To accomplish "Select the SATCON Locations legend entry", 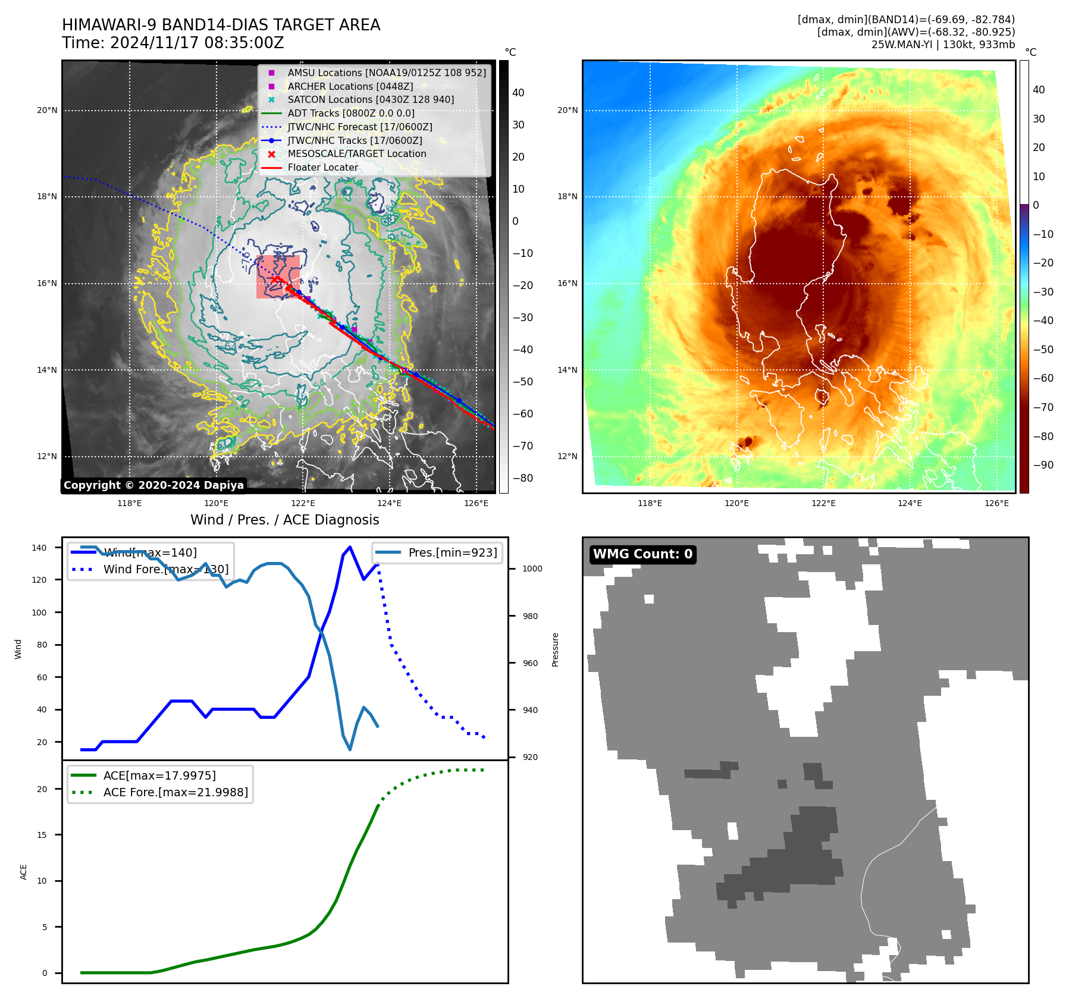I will click(371, 99).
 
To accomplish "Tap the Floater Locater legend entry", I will click(323, 167).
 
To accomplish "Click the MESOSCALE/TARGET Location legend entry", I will click(357, 153).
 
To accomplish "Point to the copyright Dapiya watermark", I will click(153, 485).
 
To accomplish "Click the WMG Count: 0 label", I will click(642, 554).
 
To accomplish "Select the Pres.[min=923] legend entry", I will click(452, 552).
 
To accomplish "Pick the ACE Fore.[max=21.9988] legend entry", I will click(175, 792).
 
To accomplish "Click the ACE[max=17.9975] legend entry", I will click(159, 775).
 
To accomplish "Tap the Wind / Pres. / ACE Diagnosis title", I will click(284, 520).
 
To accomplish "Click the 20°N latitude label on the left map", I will click(47, 110).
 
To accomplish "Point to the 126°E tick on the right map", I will click(996, 503).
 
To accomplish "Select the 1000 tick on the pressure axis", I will click(532, 569).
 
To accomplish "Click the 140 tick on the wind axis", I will click(39, 548).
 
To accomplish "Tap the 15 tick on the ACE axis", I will click(42, 835).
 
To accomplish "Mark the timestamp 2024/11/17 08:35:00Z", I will click(197, 43).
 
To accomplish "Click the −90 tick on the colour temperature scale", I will click(1043, 465).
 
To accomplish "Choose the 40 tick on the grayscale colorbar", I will click(518, 93).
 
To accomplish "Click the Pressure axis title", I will click(555, 649).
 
